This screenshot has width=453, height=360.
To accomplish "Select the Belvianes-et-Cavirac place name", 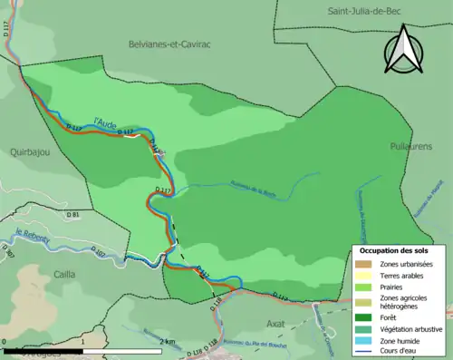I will click(x=169, y=43).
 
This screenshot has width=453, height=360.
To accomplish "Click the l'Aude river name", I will click(x=106, y=118).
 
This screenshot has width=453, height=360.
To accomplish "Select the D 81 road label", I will click(x=74, y=214).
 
